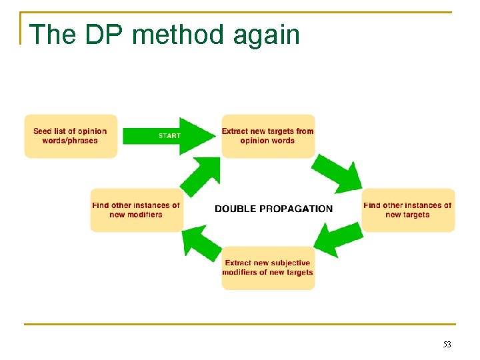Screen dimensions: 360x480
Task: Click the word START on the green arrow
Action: [x=169, y=136]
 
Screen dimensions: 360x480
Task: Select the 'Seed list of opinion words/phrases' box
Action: [x=71, y=136]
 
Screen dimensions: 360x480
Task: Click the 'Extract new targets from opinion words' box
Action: [x=267, y=136]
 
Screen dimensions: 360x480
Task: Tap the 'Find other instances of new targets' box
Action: [x=407, y=210]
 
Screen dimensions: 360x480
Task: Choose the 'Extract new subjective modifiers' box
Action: [x=267, y=267]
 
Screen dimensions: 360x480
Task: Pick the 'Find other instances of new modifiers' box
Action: [x=136, y=210]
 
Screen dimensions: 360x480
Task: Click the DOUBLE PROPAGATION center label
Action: [x=273, y=209]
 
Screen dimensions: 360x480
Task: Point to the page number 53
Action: [x=447, y=345]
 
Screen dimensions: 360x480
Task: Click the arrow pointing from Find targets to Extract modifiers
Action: [x=337, y=239]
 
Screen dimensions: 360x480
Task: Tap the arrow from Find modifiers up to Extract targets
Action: [x=201, y=176]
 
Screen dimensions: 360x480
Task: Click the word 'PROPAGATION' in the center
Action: [x=294, y=209]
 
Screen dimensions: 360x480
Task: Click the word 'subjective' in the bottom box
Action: [x=289, y=263]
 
